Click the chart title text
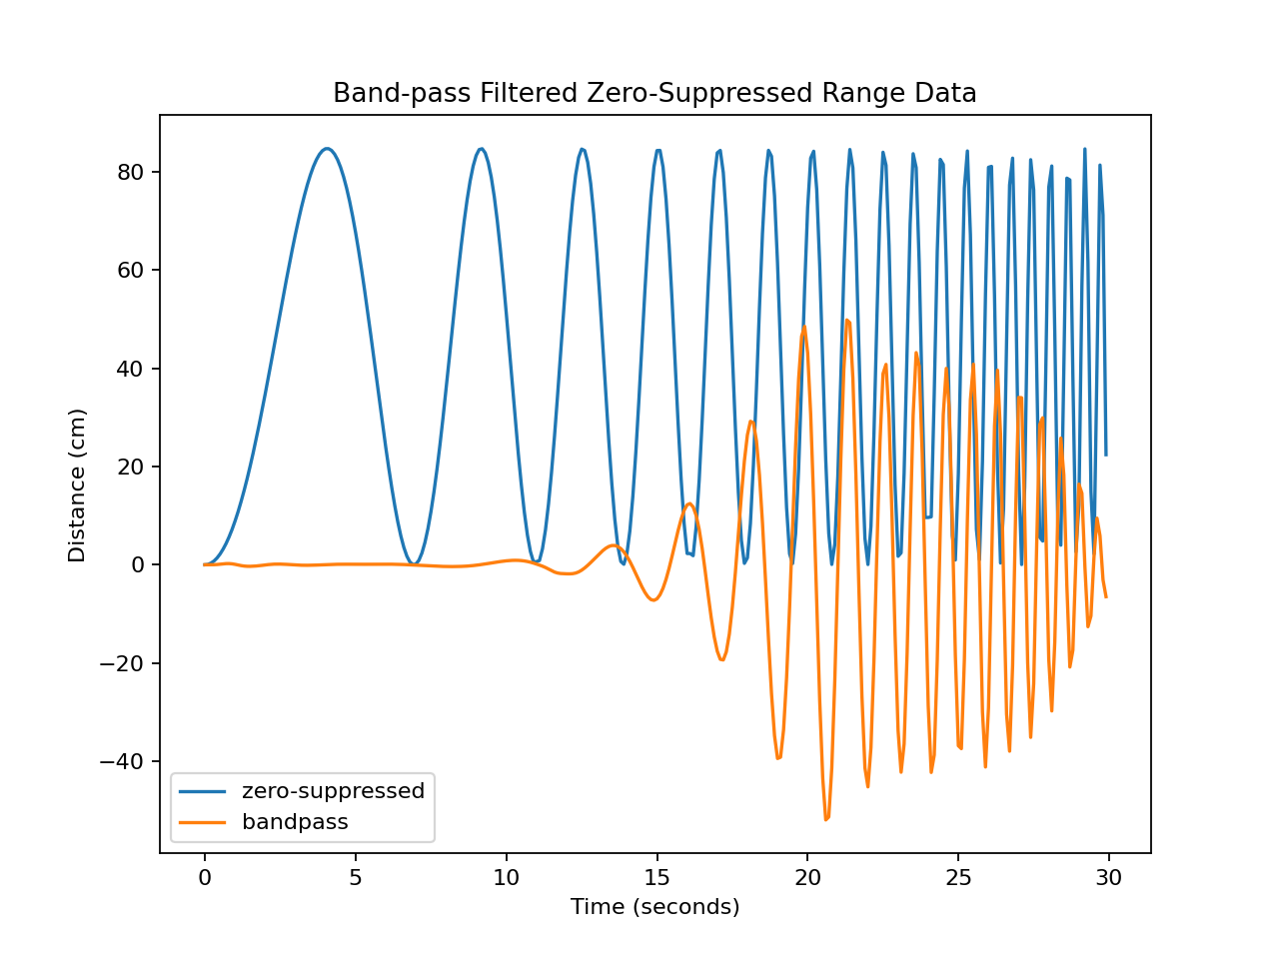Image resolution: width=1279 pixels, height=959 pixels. (x=654, y=94)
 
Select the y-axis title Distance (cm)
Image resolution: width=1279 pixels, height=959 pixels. (x=77, y=484)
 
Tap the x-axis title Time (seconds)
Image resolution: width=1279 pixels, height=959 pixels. (x=654, y=907)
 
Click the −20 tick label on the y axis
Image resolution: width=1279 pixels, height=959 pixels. (x=124, y=663)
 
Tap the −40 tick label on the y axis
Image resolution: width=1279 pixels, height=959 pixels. (x=124, y=761)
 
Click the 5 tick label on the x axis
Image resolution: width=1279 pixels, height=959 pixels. (x=355, y=878)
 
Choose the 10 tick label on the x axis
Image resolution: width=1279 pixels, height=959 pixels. (x=507, y=878)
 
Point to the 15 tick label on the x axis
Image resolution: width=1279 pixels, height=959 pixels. (x=656, y=878)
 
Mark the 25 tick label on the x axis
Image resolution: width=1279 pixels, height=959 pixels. (x=958, y=878)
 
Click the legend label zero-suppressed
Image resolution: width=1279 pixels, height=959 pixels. (x=333, y=791)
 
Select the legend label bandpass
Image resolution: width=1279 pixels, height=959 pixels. (x=295, y=823)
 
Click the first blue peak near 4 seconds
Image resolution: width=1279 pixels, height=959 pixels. (x=326, y=149)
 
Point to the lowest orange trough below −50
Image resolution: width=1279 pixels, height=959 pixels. (x=826, y=819)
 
